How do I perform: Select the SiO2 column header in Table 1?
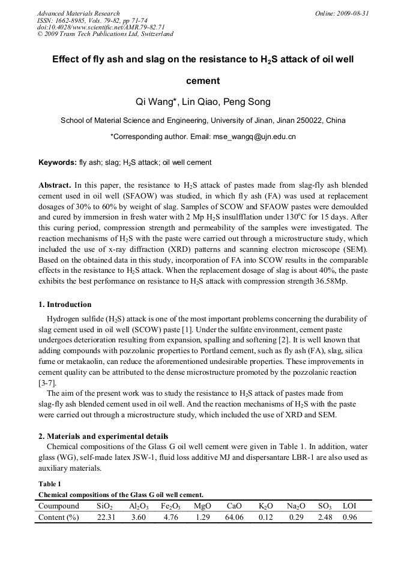(104, 506)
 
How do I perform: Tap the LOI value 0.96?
(349, 517)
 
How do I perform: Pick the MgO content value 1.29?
(202, 517)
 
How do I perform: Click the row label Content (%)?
(59, 517)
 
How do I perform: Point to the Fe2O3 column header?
(171, 506)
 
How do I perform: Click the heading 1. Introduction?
(65, 305)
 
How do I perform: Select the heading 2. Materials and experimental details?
(103, 436)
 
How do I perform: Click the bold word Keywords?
(57, 162)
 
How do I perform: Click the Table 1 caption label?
(50, 484)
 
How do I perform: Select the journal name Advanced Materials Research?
(78, 13)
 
